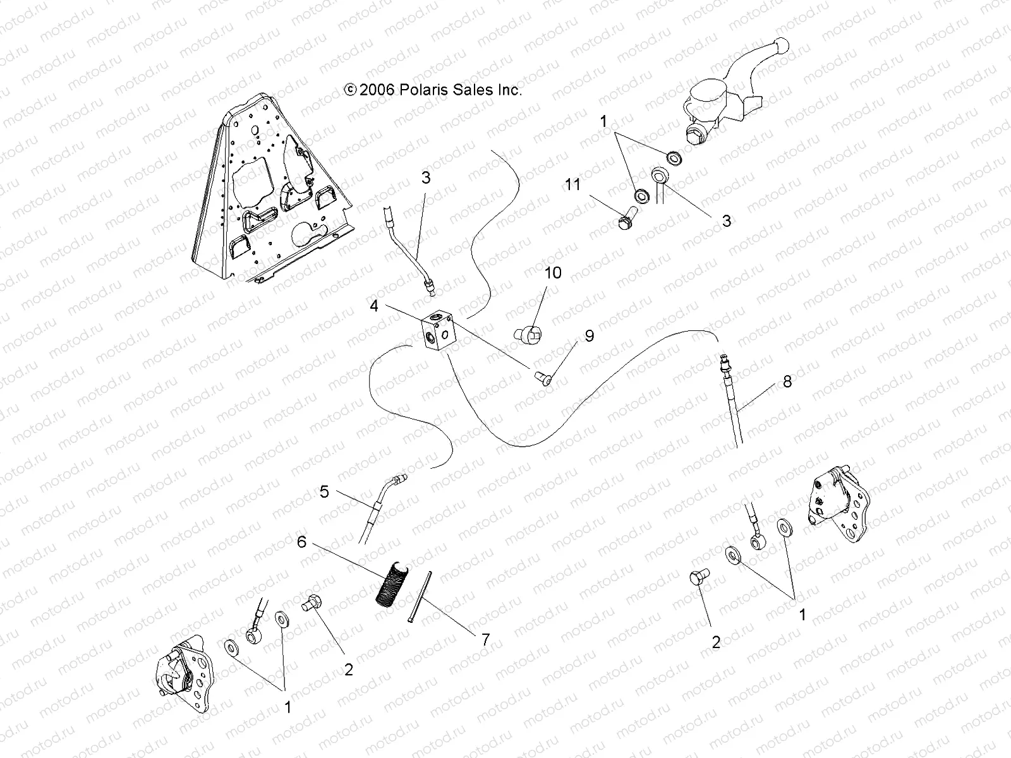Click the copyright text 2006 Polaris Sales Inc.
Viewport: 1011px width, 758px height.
click(433, 90)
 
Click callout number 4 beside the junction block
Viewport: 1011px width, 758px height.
click(374, 306)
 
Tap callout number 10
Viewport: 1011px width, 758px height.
click(553, 273)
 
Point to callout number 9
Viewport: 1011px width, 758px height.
click(589, 336)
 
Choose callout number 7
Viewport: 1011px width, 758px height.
click(485, 639)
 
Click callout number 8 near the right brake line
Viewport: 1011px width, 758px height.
click(787, 382)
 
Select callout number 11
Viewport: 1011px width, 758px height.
click(572, 184)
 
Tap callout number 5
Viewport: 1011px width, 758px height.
click(324, 491)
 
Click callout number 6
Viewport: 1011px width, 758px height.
click(302, 542)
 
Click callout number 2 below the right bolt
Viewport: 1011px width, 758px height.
click(715, 642)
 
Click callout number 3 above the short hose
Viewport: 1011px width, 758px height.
click(426, 178)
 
